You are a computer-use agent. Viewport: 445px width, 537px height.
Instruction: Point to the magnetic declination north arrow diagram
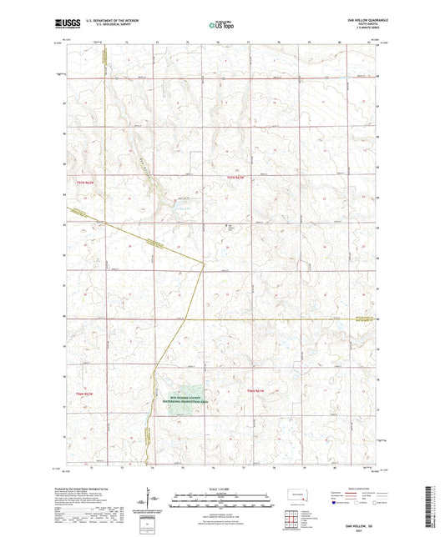point(151,499)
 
